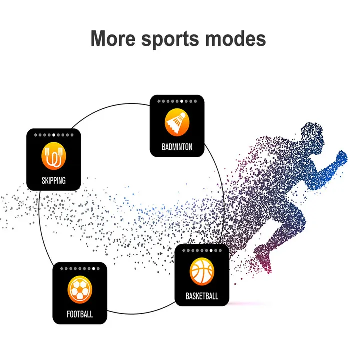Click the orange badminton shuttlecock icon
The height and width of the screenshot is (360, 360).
coord(177,122)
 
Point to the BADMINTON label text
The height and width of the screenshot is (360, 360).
coord(177,147)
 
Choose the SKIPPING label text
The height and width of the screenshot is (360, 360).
coord(53,180)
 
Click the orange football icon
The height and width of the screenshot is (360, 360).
coord(80,289)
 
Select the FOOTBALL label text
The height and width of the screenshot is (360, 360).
coord(80,314)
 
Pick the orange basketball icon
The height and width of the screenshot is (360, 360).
coord(202,271)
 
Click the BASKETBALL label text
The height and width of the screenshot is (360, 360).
coord(202,296)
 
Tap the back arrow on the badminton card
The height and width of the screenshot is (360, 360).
coord(158,101)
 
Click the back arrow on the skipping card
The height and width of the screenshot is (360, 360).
coord(35,135)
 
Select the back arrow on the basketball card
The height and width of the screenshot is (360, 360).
coord(183,250)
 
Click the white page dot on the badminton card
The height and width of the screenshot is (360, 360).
coord(181,101)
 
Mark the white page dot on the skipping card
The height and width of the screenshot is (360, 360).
coord(54,135)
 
